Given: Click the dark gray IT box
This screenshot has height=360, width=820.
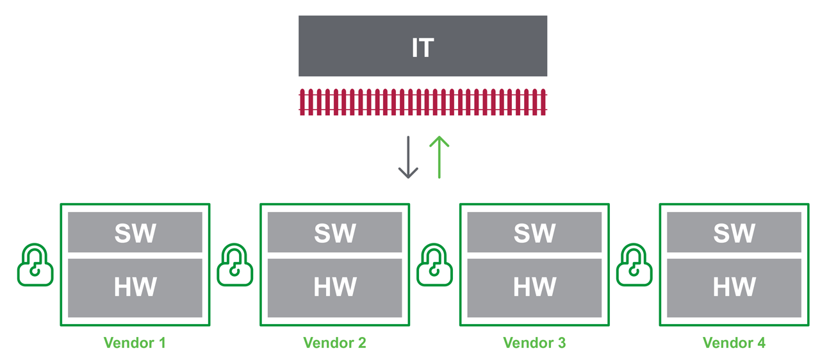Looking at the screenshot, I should click(x=423, y=46).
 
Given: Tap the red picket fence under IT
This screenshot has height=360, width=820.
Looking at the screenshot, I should click(x=423, y=102).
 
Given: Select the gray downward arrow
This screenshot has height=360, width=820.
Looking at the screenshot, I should click(x=408, y=158).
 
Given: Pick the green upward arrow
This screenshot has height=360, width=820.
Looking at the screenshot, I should click(x=439, y=156).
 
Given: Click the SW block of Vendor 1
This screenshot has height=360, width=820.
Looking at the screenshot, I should click(x=135, y=232).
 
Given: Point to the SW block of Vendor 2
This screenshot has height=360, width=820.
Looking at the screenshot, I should click(x=334, y=232).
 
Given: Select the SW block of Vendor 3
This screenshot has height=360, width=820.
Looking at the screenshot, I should click(x=534, y=232).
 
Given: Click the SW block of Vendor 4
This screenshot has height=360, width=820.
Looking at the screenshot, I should click(x=734, y=232).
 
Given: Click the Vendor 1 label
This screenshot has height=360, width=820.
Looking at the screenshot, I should click(x=135, y=343).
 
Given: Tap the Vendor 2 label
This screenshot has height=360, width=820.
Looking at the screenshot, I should click(x=334, y=343).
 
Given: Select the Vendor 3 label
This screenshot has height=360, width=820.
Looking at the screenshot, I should click(x=534, y=343).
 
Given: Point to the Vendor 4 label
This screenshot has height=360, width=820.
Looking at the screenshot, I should click(x=734, y=343).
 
